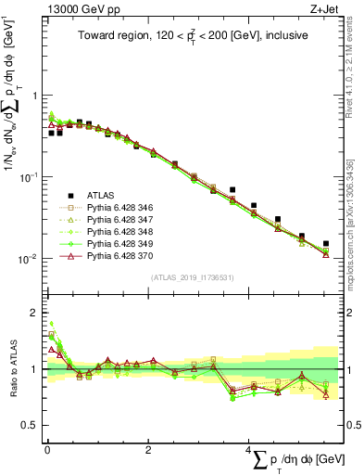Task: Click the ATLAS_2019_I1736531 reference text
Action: [x=187, y=277]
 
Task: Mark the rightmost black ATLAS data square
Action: [x=325, y=244]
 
